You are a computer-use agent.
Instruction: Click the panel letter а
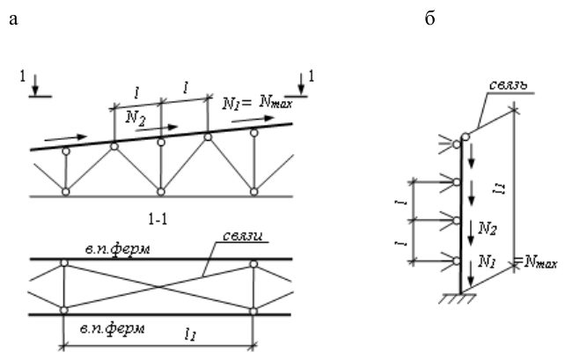pos(13,19)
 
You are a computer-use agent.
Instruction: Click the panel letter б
pos(429,18)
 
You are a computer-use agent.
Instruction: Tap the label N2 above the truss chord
pos(136,117)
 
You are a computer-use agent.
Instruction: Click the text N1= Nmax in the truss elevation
pos(258,104)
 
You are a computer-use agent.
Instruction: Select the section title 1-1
pos(158,219)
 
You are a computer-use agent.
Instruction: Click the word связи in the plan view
pos(242,236)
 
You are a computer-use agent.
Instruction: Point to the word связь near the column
pos(508,84)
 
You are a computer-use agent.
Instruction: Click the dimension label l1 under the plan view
pos(190,334)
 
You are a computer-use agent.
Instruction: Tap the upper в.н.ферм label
pos(117,248)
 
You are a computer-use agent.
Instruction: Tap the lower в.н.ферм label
pos(113,328)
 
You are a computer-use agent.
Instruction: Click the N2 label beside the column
pos(488,229)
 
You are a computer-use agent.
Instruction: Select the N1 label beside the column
pos(486,261)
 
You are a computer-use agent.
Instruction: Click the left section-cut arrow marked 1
pos(35,85)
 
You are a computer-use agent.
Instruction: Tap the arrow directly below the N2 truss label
pos(157,129)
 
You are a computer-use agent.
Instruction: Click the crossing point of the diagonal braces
pos(158,287)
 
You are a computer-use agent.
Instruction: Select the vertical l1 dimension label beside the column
pos(501,188)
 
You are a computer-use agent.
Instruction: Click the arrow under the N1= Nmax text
pos(253,120)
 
